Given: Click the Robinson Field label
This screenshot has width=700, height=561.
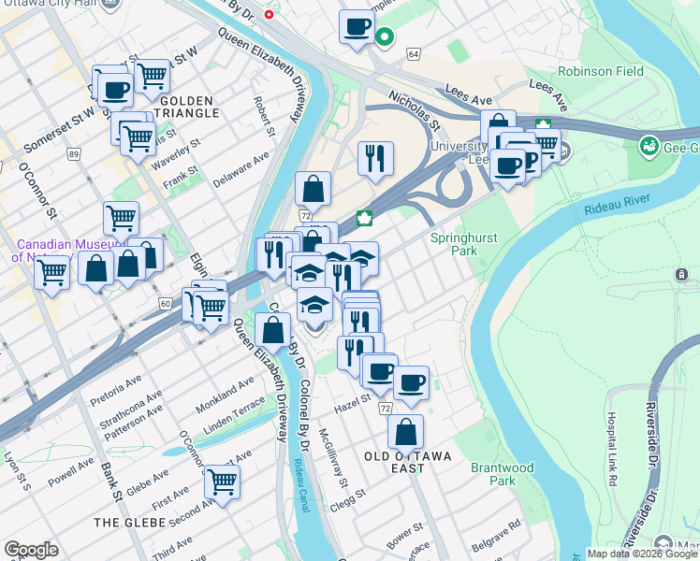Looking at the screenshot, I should pos(599,71).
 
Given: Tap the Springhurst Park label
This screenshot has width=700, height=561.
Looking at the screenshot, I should pos(454,244).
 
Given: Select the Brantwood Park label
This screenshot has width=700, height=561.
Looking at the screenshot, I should pos(502,474).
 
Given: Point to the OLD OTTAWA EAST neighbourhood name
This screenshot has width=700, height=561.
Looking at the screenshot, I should pos(407,455).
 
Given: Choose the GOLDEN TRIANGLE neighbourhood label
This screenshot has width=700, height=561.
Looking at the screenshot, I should pos(189,107).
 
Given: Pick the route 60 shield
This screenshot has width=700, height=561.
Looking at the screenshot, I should pos(166,304).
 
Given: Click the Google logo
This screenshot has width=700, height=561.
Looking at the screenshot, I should pos(31,550).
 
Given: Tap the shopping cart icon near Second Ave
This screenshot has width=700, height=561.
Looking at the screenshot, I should pos(222,482).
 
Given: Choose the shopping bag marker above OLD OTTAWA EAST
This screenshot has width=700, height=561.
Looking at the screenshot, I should pos(405,432).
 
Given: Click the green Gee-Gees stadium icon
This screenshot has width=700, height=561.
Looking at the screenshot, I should pos(648,146).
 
